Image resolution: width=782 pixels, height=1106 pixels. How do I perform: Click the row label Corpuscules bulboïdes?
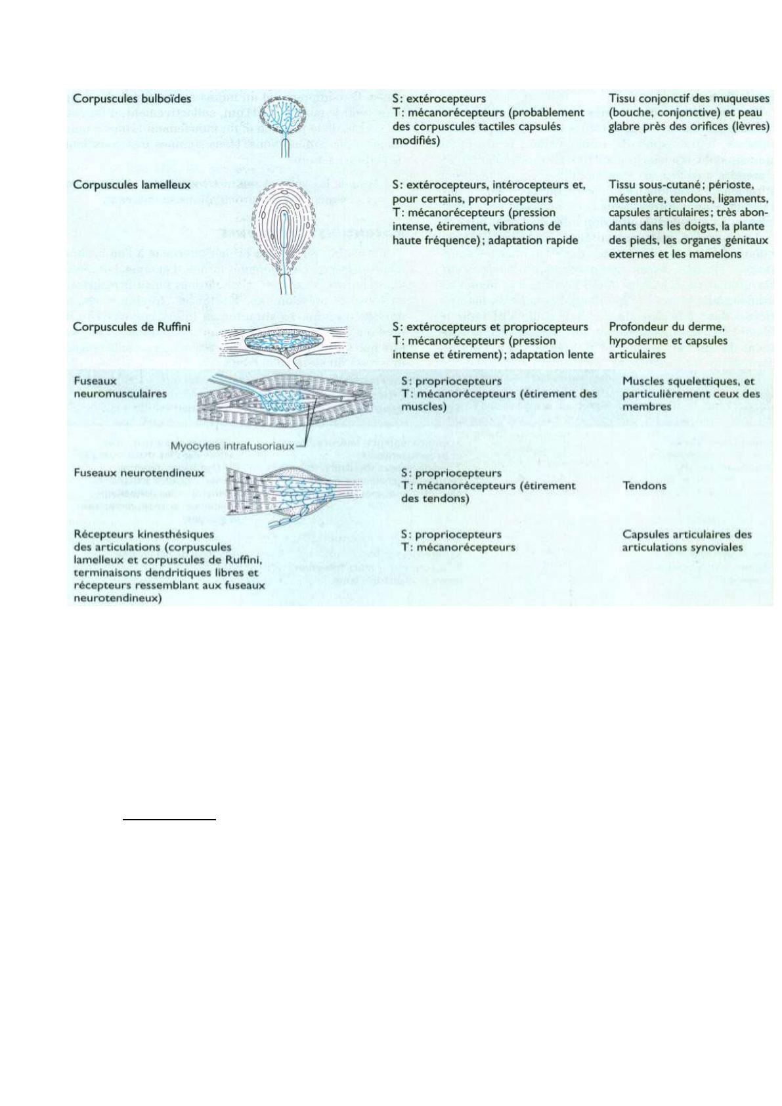point(132,99)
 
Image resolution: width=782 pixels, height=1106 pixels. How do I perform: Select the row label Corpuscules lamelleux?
point(132,185)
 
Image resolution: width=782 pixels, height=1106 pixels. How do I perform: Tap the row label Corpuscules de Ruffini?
point(132,327)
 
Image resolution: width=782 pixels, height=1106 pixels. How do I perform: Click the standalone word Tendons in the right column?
point(644,486)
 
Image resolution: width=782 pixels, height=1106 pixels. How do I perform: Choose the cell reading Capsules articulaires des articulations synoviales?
point(687,541)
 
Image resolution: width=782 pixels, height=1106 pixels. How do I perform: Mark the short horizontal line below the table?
point(169,820)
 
